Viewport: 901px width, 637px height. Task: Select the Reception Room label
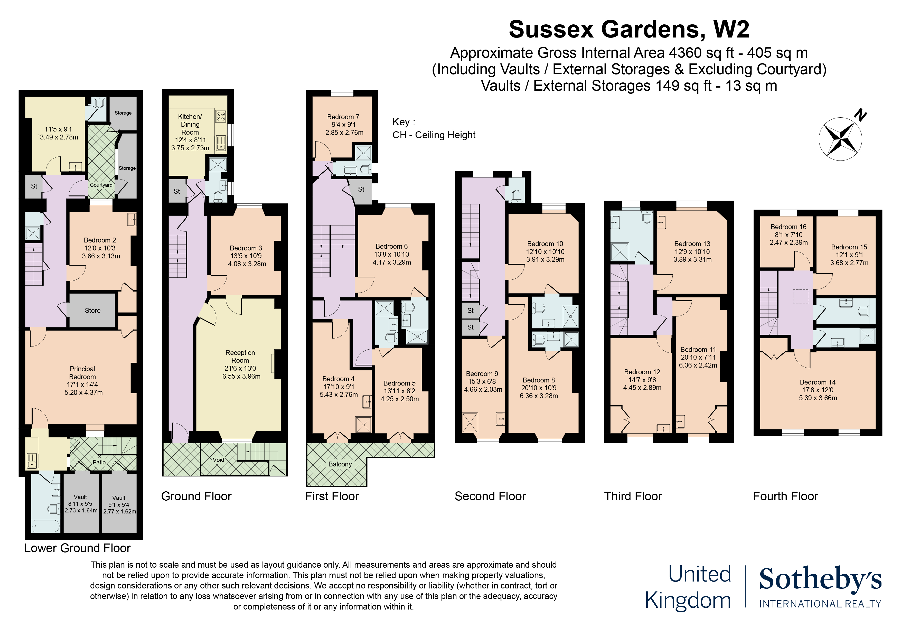pos(240,356)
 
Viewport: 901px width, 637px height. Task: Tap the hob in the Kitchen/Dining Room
pos(221,116)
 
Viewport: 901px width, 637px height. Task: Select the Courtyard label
pos(101,185)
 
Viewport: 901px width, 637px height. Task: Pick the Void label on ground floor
pos(219,460)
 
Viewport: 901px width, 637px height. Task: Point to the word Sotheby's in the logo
pos(820,579)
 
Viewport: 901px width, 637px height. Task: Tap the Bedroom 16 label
pos(789,227)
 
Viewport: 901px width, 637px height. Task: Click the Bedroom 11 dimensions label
pos(698,361)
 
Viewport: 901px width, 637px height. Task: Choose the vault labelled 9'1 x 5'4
pos(119,503)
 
